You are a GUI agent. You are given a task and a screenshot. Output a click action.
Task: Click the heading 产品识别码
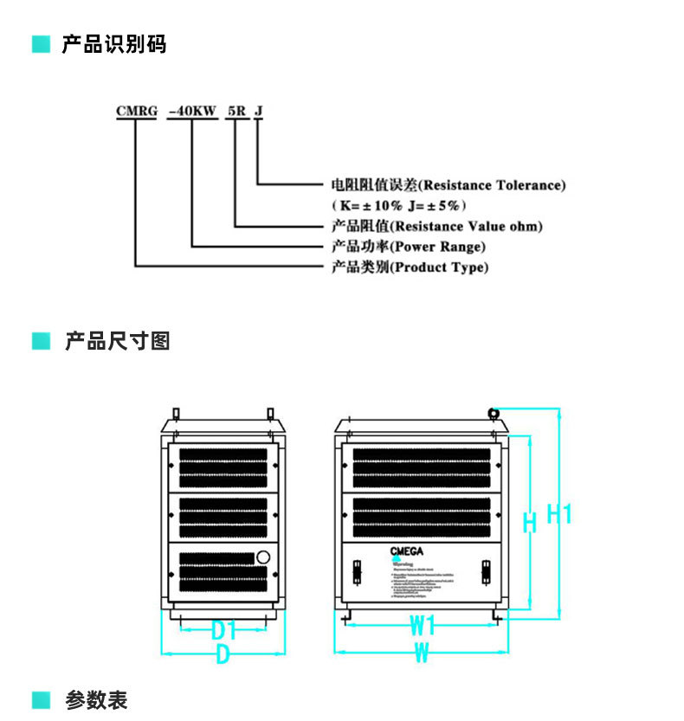point(113,44)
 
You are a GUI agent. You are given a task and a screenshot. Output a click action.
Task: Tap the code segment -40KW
point(191,111)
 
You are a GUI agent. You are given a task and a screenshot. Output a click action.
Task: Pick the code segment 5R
point(236,111)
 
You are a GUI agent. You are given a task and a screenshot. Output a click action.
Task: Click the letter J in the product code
point(258,111)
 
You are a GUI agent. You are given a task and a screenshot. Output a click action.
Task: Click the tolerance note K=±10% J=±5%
point(400,205)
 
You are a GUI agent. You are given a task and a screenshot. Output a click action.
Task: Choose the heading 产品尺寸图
point(117,341)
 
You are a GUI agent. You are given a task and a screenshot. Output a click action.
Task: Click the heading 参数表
point(96,699)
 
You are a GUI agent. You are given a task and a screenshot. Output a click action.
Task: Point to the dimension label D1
point(224,628)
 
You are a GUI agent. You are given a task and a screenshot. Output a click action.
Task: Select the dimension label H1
point(559,513)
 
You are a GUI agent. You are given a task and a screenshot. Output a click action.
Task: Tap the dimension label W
point(422,653)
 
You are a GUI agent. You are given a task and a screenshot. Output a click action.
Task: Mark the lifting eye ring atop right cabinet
point(494,413)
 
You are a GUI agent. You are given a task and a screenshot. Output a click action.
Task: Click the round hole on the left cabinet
point(263,557)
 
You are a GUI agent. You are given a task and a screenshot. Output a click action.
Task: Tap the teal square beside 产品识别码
point(41,44)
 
